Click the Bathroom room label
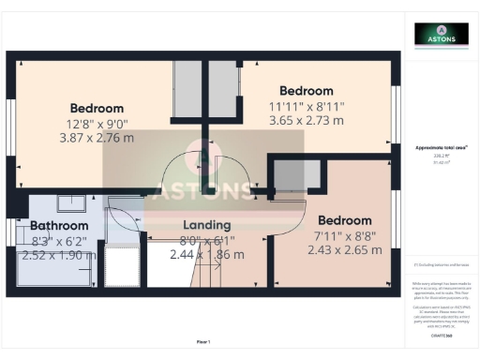[x=59, y=225]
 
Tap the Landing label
[x=207, y=225]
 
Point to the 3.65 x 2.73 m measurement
[x=306, y=120]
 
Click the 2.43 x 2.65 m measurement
[x=346, y=249]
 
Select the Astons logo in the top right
[x=441, y=36]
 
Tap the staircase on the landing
[x=226, y=271]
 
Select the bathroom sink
[x=70, y=202]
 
